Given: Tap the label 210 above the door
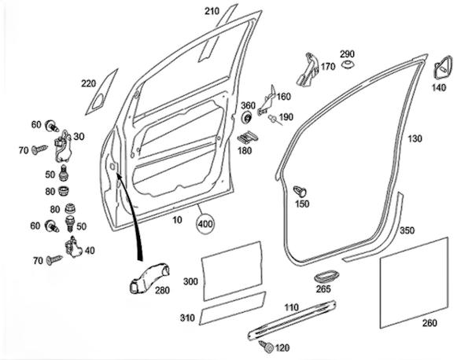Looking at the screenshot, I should point(212,11).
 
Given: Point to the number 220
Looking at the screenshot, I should point(87,84).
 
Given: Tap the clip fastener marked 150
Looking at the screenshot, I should point(302,189).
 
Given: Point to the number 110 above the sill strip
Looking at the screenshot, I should point(292,307).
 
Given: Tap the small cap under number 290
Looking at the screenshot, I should point(347,68).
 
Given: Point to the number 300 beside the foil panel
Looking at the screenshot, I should point(190,281).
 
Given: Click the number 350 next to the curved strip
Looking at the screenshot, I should point(407,231).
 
